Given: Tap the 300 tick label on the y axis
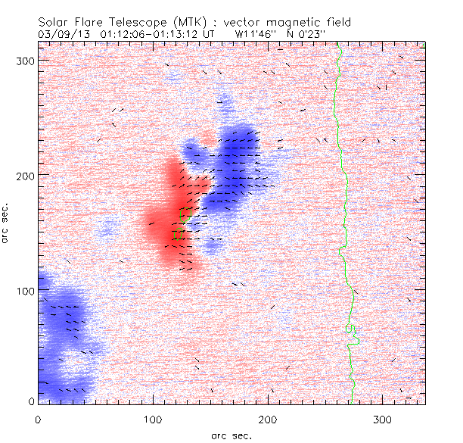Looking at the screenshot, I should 25,60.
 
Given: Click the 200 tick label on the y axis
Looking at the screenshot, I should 25,175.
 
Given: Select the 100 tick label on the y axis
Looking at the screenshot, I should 25,291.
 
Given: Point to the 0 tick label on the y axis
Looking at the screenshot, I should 30,401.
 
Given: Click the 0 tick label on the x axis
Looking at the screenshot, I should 38,418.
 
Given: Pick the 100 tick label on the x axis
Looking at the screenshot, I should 153,418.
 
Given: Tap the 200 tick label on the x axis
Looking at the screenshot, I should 268,418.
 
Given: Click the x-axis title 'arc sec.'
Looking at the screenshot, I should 231,435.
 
